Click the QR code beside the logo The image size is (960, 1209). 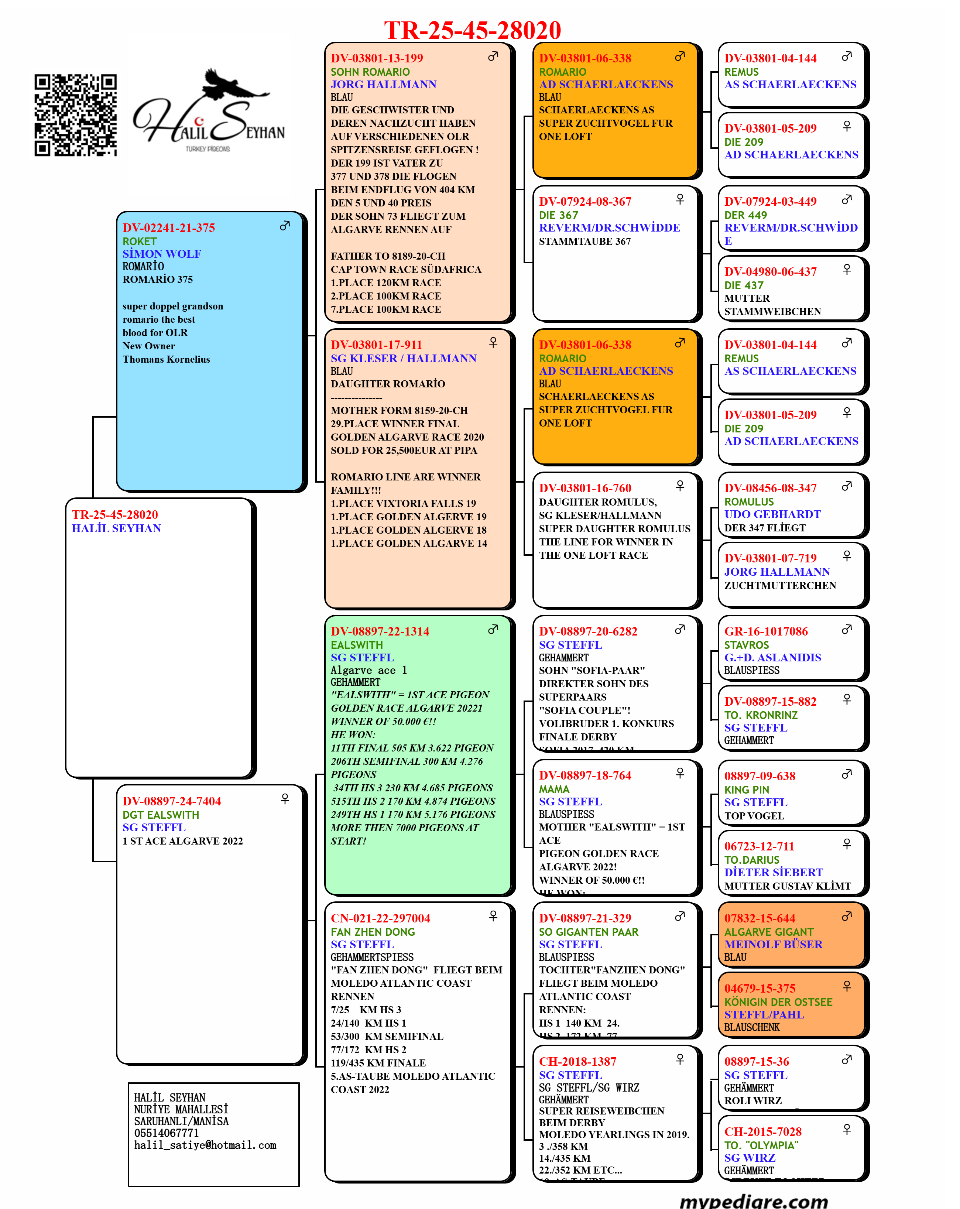(75, 115)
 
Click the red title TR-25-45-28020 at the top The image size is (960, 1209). (472, 30)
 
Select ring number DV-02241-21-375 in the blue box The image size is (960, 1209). (169, 228)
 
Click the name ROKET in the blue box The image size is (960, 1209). (140, 242)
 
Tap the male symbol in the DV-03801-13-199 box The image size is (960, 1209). (493, 56)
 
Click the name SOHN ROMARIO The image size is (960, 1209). (370, 72)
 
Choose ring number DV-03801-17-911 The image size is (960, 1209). (376, 345)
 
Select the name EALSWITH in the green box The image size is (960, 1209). (357, 645)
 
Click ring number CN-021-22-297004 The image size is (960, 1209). (380, 918)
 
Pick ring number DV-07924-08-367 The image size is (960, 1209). (585, 201)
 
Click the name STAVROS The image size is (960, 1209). (746, 645)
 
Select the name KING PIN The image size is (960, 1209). (746, 790)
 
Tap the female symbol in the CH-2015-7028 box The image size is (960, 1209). (847, 1129)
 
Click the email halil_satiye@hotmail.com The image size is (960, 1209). (205, 1145)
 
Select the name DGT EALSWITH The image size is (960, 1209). (161, 815)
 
